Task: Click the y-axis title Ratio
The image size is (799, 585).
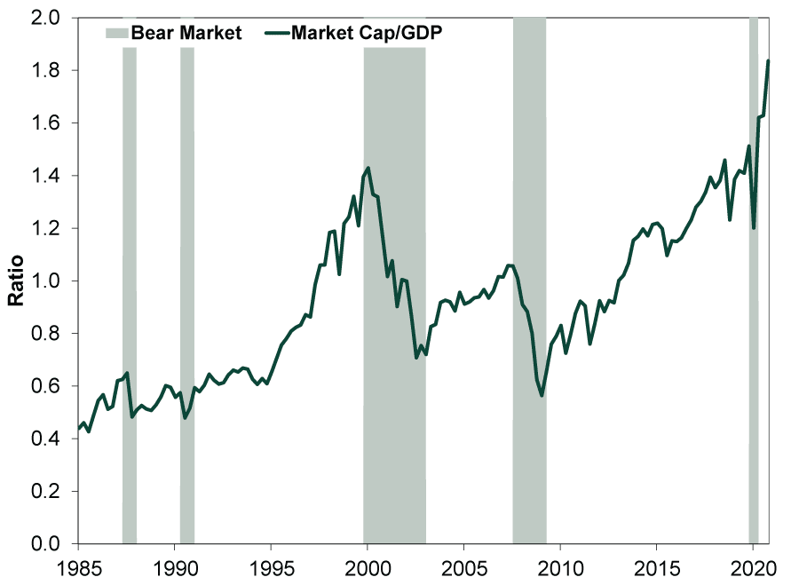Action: tap(15, 281)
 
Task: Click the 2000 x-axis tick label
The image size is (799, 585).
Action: tap(368, 565)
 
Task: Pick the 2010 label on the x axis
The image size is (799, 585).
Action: tap(560, 565)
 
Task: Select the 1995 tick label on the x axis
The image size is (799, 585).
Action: tap(271, 565)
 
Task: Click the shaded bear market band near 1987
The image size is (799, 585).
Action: tap(130, 293)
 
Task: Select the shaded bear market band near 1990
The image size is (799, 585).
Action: tap(187, 293)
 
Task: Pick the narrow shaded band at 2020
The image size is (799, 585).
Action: tap(754, 293)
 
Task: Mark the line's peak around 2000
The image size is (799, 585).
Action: tap(368, 168)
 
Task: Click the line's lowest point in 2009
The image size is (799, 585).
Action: tap(542, 395)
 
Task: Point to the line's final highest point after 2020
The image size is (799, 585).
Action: tap(768, 60)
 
